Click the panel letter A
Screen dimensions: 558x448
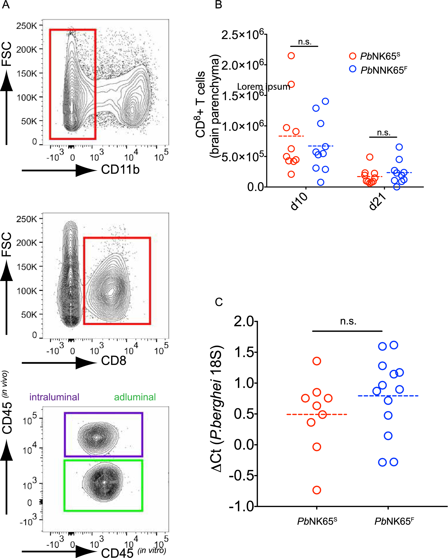[x=6, y=5]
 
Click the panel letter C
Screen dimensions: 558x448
[x=219, y=302]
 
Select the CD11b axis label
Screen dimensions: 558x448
[x=120, y=170]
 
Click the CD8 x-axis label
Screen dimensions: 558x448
[x=113, y=360]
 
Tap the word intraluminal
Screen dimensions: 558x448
[x=54, y=397]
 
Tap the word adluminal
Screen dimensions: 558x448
[x=135, y=397]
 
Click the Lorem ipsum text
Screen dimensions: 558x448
[x=263, y=87]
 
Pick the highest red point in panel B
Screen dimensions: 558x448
[x=291, y=56]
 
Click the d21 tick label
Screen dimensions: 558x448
[x=378, y=202]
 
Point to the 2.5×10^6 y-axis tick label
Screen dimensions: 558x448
[x=242, y=35]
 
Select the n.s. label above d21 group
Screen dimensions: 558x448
[x=384, y=132]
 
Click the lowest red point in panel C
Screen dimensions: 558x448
[x=317, y=490]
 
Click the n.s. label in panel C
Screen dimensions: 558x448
[x=348, y=321]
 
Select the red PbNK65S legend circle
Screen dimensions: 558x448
[x=352, y=56]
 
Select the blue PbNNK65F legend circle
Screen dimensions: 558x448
[x=352, y=69]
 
